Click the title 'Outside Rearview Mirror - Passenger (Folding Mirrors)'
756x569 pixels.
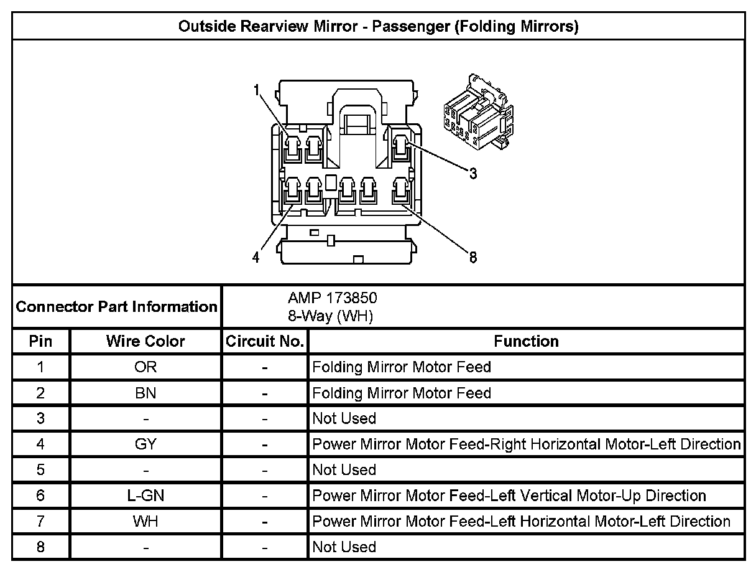pyautogui.click(x=378, y=27)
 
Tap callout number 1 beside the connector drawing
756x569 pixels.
pyautogui.click(x=256, y=90)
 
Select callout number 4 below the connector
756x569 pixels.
pyautogui.click(x=256, y=258)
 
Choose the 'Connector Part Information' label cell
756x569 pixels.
pyautogui.click(x=117, y=307)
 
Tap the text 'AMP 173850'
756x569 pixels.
pyautogui.click(x=332, y=298)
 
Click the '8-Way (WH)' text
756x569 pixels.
pyautogui.click(x=330, y=316)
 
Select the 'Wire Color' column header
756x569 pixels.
pyautogui.click(x=145, y=341)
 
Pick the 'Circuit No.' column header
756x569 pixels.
pyautogui.click(x=265, y=341)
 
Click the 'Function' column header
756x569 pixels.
pyautogui.click(x=526, y=341)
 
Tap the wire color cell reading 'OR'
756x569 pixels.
pyautogui.click(x=145, y=367)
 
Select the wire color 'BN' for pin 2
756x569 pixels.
pyautogui.click(x=145, y=393)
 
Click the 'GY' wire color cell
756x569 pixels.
pyautogui.click(x=145, y=444)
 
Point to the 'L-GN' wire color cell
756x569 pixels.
pyautogui.click(x=145, y=496)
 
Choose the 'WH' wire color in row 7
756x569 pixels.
pyautogui.click(x=145, y=521)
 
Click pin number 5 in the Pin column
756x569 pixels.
pyautogui.click(x=41, y=470)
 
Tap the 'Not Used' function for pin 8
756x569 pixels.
pyautogui.click(x=344, y=547)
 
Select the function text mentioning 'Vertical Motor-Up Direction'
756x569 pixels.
pyautogui.click(x=509, y=496)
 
